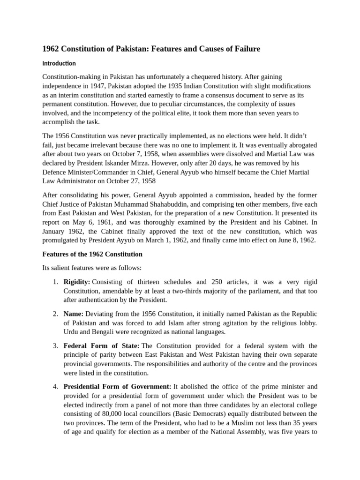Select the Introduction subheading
click(x=59, y=63)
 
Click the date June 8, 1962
click(x=296, y=240)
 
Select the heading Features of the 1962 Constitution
click(x=92, y=254)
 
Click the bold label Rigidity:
click(x=77, y=282)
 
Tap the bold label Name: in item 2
click(x=74, y=314)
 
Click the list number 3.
click(x=55, y=346)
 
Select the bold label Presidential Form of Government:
click(x=118, y=387)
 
